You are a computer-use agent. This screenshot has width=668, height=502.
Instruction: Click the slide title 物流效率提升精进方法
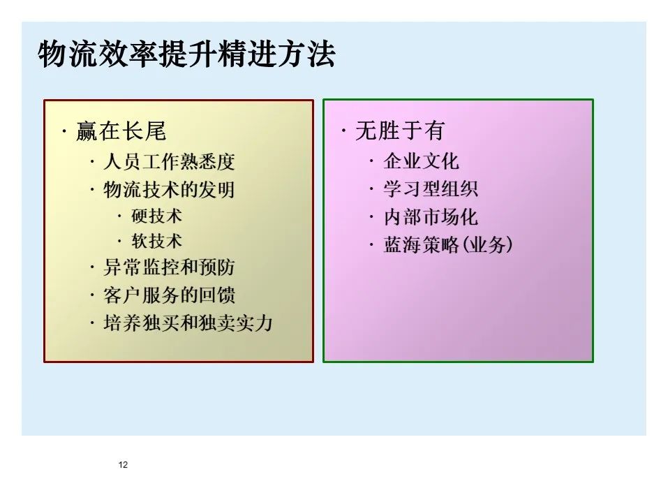tap(186, 55)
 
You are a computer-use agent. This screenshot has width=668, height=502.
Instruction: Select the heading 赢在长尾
tap(121, 131)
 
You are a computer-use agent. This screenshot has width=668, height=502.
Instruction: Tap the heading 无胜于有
tap(400, 131)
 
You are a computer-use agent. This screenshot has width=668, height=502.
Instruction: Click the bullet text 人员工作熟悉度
tap(169, 163)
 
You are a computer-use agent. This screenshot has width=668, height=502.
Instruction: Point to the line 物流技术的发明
tap(169, 190)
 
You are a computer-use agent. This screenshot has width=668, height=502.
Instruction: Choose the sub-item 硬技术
tap(156, 216)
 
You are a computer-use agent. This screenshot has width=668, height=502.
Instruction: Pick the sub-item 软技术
tap(156, 241)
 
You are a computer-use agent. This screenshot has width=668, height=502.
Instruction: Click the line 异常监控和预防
tap(169, 267)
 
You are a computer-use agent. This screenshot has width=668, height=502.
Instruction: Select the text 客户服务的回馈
tap(169, 295)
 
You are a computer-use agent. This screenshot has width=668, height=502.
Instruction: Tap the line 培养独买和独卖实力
tap(188, 323)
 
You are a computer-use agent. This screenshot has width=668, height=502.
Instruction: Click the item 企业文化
tap(422, 161)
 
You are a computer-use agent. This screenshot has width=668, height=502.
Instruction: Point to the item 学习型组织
tap(431, 189)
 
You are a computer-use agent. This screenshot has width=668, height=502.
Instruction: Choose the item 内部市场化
tap(431, 217)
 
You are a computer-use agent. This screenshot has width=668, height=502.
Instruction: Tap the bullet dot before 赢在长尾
tap(64, 131)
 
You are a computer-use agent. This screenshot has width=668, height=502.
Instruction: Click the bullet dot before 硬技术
tap(119, 216)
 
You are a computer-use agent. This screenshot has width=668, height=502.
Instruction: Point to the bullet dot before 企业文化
tap(371, 162)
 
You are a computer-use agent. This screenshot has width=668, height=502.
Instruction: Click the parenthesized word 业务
tap(487, 245)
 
